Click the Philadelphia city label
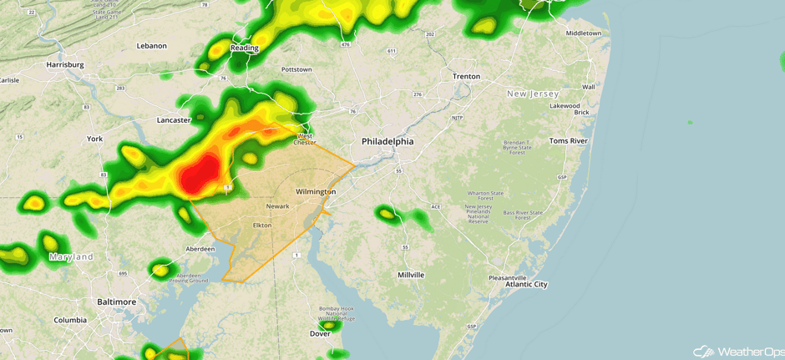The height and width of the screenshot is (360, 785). click(387, 142)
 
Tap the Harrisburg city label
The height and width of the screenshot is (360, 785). click(66, 64)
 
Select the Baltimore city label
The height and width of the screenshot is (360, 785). click(116, 302)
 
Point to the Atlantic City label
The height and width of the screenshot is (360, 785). click(526, 285)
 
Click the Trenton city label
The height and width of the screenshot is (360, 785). click(466, 76)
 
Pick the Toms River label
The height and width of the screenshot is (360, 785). click(569, 141)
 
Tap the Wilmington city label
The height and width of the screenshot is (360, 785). click(316, 192)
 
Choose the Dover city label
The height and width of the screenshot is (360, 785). click(321, 333)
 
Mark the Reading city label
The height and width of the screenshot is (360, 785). click(245, 48)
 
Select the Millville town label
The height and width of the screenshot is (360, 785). click(411, 275)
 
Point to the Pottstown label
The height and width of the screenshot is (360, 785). click(296, 69)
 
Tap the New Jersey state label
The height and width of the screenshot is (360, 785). click(538, 94)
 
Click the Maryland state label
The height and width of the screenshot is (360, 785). click(71, 257)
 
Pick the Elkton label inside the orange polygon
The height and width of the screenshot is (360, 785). click(262, 226)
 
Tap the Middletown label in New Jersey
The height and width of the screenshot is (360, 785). click(584, 33)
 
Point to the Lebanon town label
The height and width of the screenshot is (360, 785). click(152, 45)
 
